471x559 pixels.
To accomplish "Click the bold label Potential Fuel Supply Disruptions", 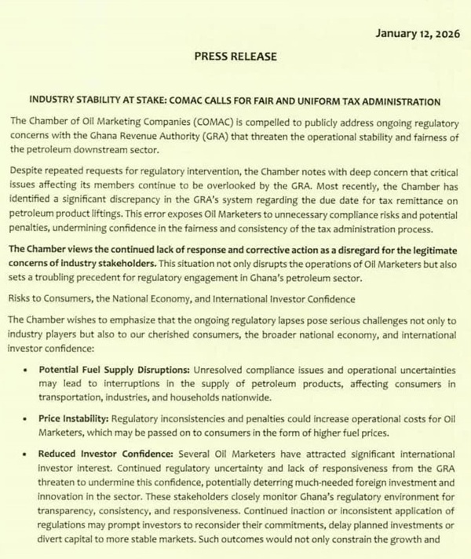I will point(103,368).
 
